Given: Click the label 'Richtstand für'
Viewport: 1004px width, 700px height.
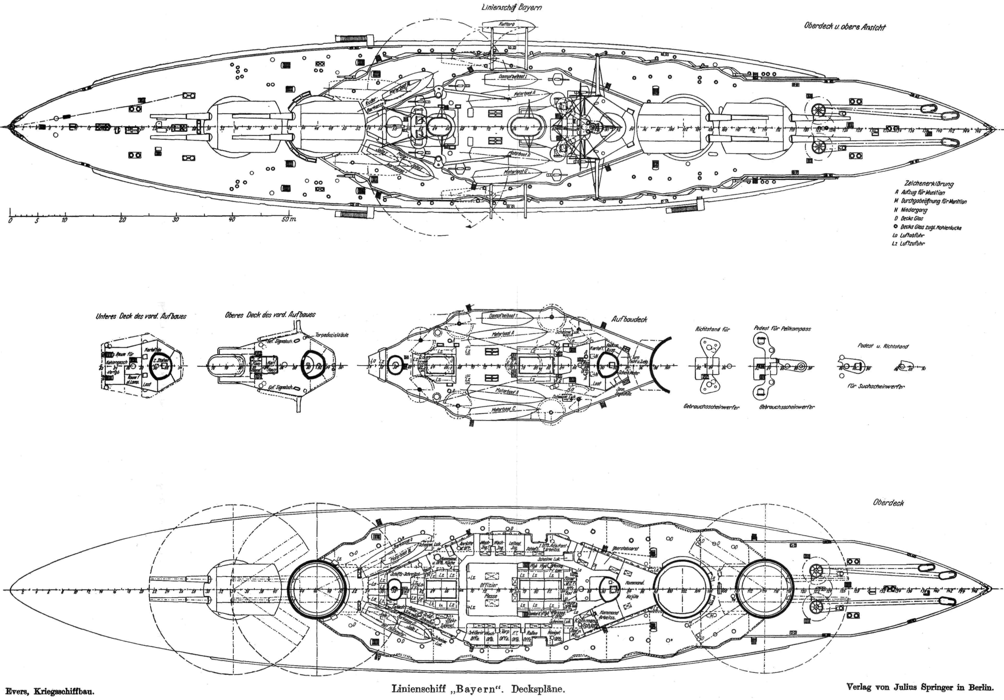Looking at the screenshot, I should click(x=712, y=329).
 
